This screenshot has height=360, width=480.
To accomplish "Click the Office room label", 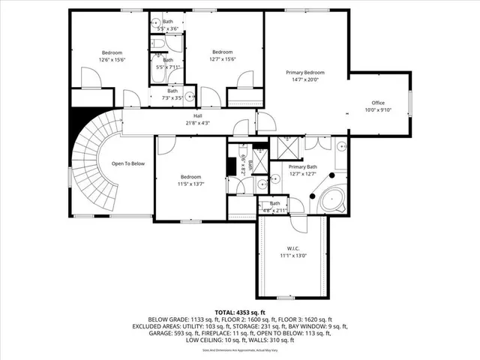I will coord(378,103).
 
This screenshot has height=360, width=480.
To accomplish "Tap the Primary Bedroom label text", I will coord(305,73).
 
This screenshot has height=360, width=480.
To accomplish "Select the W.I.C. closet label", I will coord(292,248).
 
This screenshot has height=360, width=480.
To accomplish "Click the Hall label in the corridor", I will coord(198,115).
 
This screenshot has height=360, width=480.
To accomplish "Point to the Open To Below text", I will coord(128,163).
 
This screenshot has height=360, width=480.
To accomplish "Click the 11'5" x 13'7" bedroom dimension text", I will coord(190,184).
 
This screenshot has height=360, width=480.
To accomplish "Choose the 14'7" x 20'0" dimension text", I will coord(305,79).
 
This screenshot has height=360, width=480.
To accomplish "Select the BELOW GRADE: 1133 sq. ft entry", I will coord(188,319).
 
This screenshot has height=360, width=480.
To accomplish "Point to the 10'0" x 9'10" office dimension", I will coord(378,110).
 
